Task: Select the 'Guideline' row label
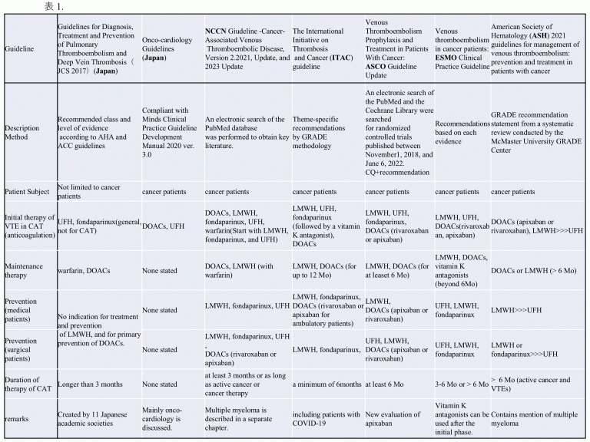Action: tap(20, 48)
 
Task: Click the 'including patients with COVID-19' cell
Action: tap(326, 420)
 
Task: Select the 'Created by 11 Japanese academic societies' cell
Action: tap(92, 420)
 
